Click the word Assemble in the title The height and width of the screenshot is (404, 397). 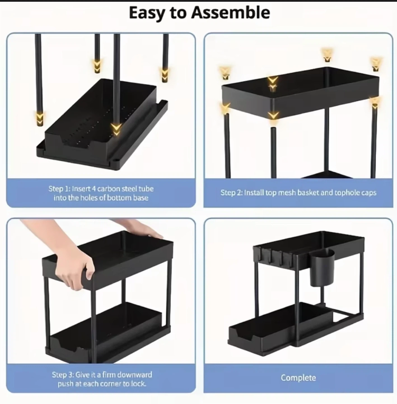(x=230, y=13)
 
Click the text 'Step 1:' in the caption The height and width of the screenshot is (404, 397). (x=59, y=189)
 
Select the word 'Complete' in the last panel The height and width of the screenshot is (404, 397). (x=298, y=378)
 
